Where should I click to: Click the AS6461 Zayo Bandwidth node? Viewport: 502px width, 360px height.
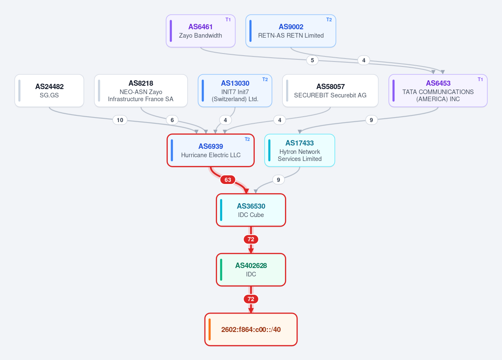tap(200, 31)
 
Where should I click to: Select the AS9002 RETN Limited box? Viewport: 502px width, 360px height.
tap(291, 31)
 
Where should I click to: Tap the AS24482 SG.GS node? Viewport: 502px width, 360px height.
tap(49, 91)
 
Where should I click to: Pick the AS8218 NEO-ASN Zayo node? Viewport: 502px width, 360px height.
tap(141, 91)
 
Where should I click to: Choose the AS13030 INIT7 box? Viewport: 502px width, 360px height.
tap(235, 91)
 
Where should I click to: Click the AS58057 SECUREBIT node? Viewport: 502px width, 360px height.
tap(330, 91)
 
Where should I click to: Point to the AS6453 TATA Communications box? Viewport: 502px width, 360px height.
tap(438, 91)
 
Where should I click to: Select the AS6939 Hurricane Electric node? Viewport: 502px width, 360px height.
tap(211, 151)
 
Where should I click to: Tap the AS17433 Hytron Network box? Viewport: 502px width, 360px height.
tap(300, 151)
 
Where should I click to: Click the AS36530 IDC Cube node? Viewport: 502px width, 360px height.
tap(251, 210)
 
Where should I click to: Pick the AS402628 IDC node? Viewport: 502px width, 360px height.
tap(251, 270)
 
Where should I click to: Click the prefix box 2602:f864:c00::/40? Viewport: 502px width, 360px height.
tap(251, 329)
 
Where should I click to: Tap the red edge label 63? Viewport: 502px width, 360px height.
tap(228, 180)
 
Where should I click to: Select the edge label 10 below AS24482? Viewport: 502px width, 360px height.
tap(120, 120)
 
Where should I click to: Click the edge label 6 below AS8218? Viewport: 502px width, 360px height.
tap(172, 120)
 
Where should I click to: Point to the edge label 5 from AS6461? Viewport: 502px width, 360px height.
tap(312, 60)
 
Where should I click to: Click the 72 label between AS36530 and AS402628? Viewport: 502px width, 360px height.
tap(251, 239)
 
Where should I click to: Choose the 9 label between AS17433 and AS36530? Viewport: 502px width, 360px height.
tap(278, 180)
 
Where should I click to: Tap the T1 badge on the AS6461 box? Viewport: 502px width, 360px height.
tap(228, 20)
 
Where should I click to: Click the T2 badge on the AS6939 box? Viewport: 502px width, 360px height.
tap(247, 139)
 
